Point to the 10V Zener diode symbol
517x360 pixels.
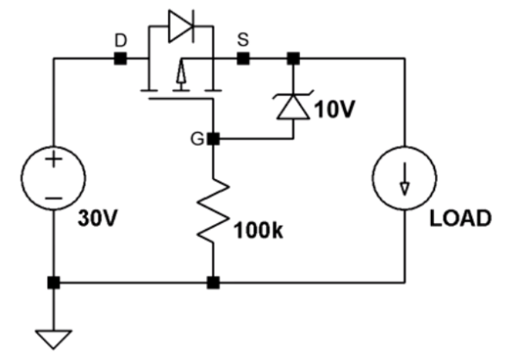(293, 106)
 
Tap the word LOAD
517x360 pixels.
(460, 218)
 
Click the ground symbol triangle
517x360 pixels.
(53, 338)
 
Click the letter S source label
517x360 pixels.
(243, 40)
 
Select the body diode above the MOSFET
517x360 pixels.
(182, 27)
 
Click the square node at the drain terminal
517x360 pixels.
(121, 59)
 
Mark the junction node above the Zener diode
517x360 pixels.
(293, 59)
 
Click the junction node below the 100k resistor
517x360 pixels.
(212, 282)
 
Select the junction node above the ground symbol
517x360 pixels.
(53, 282)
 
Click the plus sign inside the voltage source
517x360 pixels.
(53, 160)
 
